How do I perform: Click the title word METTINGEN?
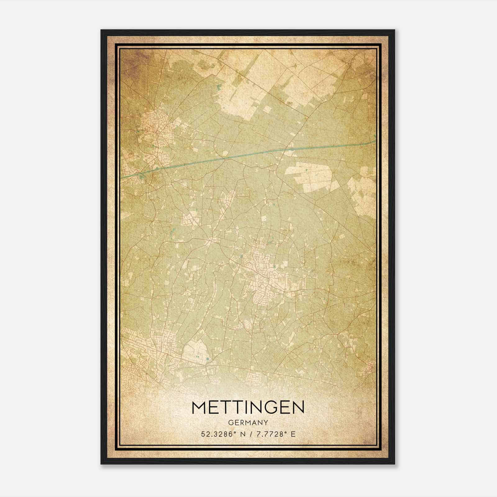[248, 408]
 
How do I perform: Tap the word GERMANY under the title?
[248, 423]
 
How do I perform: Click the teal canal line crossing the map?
[248, 154]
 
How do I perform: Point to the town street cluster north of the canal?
[154, 124]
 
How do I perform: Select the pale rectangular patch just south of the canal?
[309, 176]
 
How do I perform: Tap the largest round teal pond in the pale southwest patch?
[207, 359]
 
